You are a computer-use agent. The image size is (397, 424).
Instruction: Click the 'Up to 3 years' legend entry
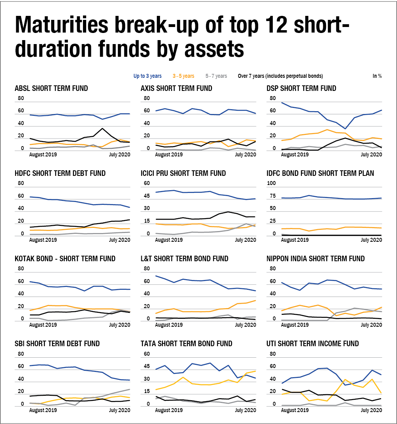tap(147, 76)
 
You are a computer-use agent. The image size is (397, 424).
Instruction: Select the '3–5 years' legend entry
tap(183, 76)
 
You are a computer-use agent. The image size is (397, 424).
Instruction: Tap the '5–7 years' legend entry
tap(216, 76)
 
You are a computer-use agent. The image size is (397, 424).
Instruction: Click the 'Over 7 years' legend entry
tap(280, 76)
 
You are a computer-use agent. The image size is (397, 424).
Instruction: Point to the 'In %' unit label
tap(377, 76)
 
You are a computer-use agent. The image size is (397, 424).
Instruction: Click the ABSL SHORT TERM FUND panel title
tap(51, 88)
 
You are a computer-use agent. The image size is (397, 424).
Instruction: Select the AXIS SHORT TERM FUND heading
tap(177, 88)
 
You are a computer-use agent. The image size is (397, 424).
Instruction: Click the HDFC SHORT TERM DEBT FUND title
tap(60, 173)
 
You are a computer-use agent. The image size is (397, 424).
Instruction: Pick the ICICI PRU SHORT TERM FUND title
tap(183, 173)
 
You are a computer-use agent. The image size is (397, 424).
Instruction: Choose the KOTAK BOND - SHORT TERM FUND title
tap(65, 258)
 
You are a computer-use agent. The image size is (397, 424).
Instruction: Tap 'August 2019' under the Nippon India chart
tap(295, 325)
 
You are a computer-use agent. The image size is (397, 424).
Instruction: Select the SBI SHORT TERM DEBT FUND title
tap(57, 343)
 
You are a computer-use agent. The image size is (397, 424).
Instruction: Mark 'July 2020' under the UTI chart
tap(371, 410)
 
